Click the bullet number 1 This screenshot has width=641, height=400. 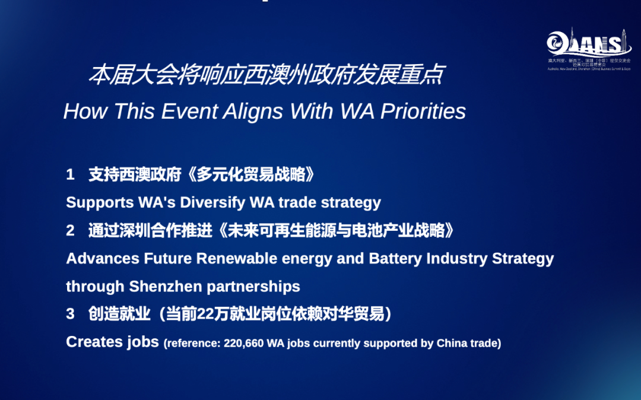click(x=70, y=174)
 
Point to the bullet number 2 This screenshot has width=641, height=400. click(x=70, y=231)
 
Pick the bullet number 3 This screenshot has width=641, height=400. click(x=70, y=315)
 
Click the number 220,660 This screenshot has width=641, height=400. click(x=244, y=344)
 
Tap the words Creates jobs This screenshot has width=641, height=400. click(x=112, y=342)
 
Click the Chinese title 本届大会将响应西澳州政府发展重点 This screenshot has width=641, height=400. click(x=265, y=76)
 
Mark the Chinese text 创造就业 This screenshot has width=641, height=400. click(x=119, y=315)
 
